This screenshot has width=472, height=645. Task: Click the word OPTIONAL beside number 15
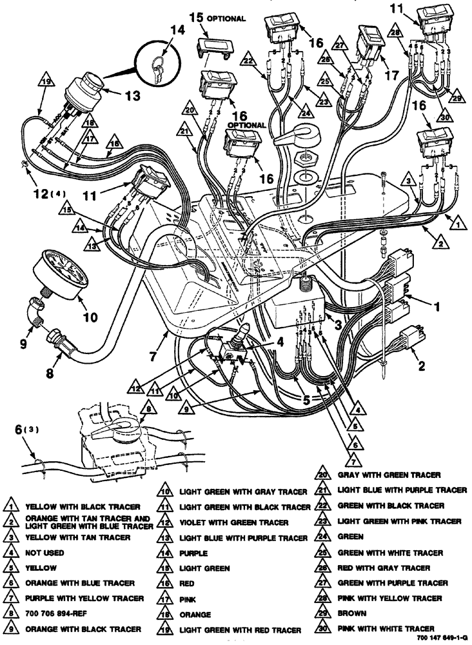226,18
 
